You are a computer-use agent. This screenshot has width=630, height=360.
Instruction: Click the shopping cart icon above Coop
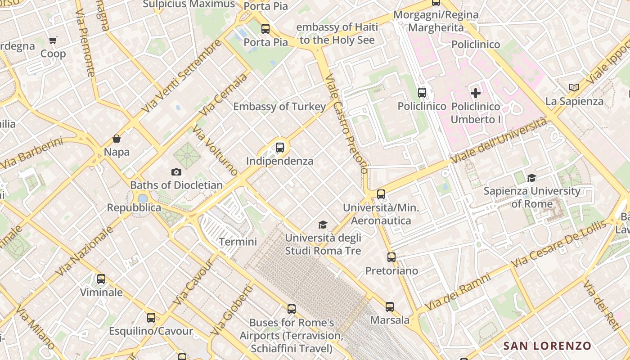pos(53,40)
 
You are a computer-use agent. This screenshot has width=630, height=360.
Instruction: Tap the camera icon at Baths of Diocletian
pos(176,172)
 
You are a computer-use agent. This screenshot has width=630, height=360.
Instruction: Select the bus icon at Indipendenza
pos(280,147)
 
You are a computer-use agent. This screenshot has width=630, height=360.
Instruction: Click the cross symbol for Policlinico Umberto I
pos(476,93)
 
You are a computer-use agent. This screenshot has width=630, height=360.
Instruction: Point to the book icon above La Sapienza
pos(573,88)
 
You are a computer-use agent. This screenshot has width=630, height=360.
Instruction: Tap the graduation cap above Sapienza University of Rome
pos(532,178)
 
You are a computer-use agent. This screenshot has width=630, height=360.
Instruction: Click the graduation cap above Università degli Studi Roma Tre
pos(323,225)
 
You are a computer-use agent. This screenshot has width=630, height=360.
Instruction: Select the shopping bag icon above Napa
pos(117,139)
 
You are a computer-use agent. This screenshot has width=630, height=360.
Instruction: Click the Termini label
pos(238,242)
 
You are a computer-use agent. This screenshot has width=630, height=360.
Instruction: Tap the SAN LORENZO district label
pos(547,346)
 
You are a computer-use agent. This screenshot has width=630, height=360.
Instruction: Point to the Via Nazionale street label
pos(84,251)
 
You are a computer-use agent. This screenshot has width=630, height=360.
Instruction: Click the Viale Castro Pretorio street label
pos(347,124)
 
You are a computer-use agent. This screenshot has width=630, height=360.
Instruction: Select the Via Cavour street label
pos(194,282)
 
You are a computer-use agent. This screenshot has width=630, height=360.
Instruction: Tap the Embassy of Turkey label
pos(279,107)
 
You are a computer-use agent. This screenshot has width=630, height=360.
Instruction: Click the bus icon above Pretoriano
pos(391,257)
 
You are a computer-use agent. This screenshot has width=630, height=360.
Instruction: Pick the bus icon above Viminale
pos(101,279)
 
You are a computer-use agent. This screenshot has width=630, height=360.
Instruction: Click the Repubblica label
pos(134,207)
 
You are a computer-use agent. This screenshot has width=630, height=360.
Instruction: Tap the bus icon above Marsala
pos(390,307)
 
